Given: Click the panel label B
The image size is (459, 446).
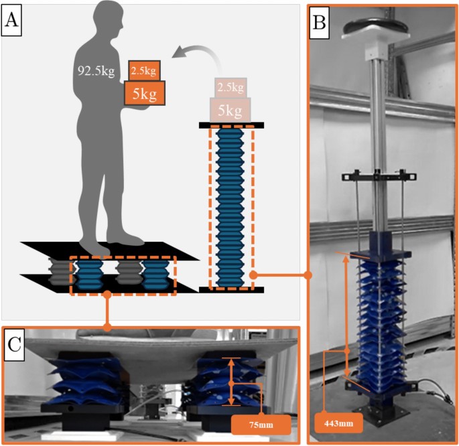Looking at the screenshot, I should click(320, 23).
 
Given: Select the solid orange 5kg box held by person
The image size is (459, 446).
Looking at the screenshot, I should click(144, 93).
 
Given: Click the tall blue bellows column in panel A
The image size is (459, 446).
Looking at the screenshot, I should click(232, 208).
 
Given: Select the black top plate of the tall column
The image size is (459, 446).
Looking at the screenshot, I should click(232, 125).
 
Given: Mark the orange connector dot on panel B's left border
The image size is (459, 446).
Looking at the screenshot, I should click(308, 275).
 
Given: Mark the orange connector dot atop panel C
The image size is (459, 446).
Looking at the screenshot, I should click(107, 327).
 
